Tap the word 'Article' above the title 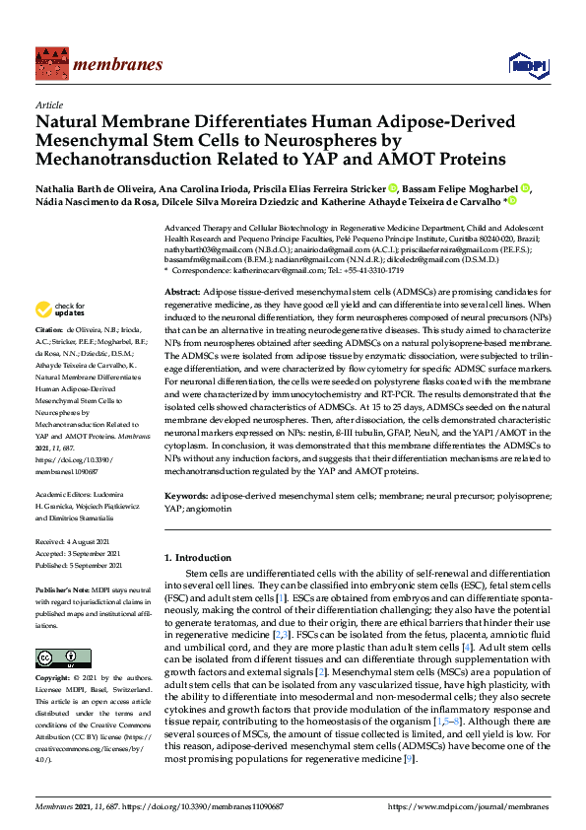pos(48,104)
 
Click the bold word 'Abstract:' pos(182,294)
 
